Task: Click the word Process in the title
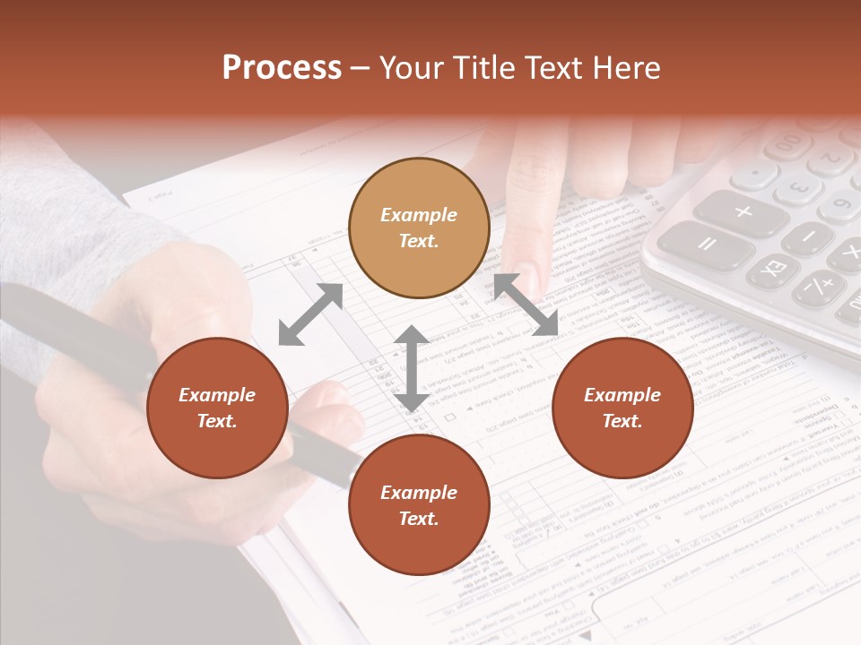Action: tap(282, 68)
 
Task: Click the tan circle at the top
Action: tap(419, 228)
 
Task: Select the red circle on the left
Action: tap(217, 408)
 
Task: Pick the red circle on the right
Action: tap(622, 408)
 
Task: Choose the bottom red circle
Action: tap(419, 505)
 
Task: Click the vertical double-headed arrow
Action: tap(412, 368)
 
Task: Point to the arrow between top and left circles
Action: tap(310, 314)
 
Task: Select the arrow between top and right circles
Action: tap(526, 305)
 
